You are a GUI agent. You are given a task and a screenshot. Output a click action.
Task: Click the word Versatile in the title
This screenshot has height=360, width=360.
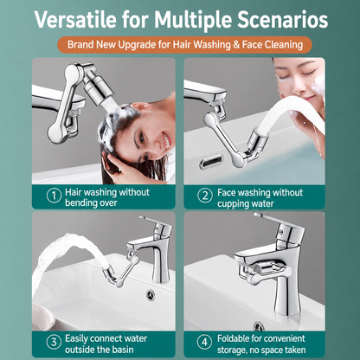[75, 19]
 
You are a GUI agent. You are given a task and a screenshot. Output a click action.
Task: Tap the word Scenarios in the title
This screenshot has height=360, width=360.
[283, 19]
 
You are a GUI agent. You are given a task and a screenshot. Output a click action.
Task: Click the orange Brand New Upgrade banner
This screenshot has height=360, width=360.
[184, 45]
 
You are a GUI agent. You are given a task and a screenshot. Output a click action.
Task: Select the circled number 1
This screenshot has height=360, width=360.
[54, 196]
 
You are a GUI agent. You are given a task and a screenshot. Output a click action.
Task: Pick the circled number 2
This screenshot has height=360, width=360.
[205, 196]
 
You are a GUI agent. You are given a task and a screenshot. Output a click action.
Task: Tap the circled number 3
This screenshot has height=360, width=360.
[54, 342]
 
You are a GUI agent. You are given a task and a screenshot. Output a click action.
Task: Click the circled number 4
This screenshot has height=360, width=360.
[204, 342]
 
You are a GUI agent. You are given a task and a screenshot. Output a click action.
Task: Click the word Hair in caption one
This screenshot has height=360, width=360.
[73, 192]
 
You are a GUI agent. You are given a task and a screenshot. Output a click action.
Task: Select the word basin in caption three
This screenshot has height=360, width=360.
[123, 350]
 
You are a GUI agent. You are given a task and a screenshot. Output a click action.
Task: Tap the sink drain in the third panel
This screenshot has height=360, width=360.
[151, 295]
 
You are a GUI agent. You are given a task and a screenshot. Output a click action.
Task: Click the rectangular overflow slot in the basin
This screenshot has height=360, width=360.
[211, 161]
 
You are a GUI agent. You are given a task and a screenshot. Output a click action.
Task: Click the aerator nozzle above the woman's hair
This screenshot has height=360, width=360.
[98, 87]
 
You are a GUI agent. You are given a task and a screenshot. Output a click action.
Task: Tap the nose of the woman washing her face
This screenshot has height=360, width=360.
[297, 87]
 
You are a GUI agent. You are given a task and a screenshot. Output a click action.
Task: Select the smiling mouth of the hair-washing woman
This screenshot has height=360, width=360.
[166, 140]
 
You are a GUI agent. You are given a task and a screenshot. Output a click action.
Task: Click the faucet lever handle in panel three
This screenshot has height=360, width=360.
[151, 220]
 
